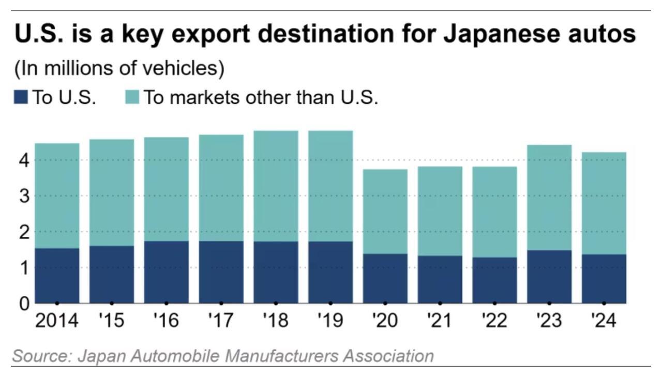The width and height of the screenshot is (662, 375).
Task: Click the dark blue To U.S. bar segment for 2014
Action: click(x=57, y=275)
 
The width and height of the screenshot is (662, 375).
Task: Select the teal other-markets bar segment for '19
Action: click(x=330, y=186)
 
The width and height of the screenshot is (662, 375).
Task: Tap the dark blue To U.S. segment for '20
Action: click(x=385, y=278)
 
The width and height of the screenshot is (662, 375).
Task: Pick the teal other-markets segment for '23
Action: click(x=549, y=198)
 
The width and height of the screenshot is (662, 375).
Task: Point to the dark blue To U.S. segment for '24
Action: click(x=604, y=278)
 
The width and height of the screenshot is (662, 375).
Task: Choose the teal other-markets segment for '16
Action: click(x=166, y=189)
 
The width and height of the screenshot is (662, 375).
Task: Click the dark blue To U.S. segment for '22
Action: click(x=494, y=280)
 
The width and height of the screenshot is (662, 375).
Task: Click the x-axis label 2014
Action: click(x=57, y=321)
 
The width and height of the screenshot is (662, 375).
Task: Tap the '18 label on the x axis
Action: click(x=275, y=321)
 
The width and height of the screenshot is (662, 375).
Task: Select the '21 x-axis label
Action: click(x=439, y=321)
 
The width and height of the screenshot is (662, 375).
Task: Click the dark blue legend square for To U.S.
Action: click(x=21, y=97)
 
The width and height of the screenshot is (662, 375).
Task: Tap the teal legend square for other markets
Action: click(x=132, y=97)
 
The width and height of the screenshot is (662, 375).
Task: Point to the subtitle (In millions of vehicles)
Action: click(x=119, y=68)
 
